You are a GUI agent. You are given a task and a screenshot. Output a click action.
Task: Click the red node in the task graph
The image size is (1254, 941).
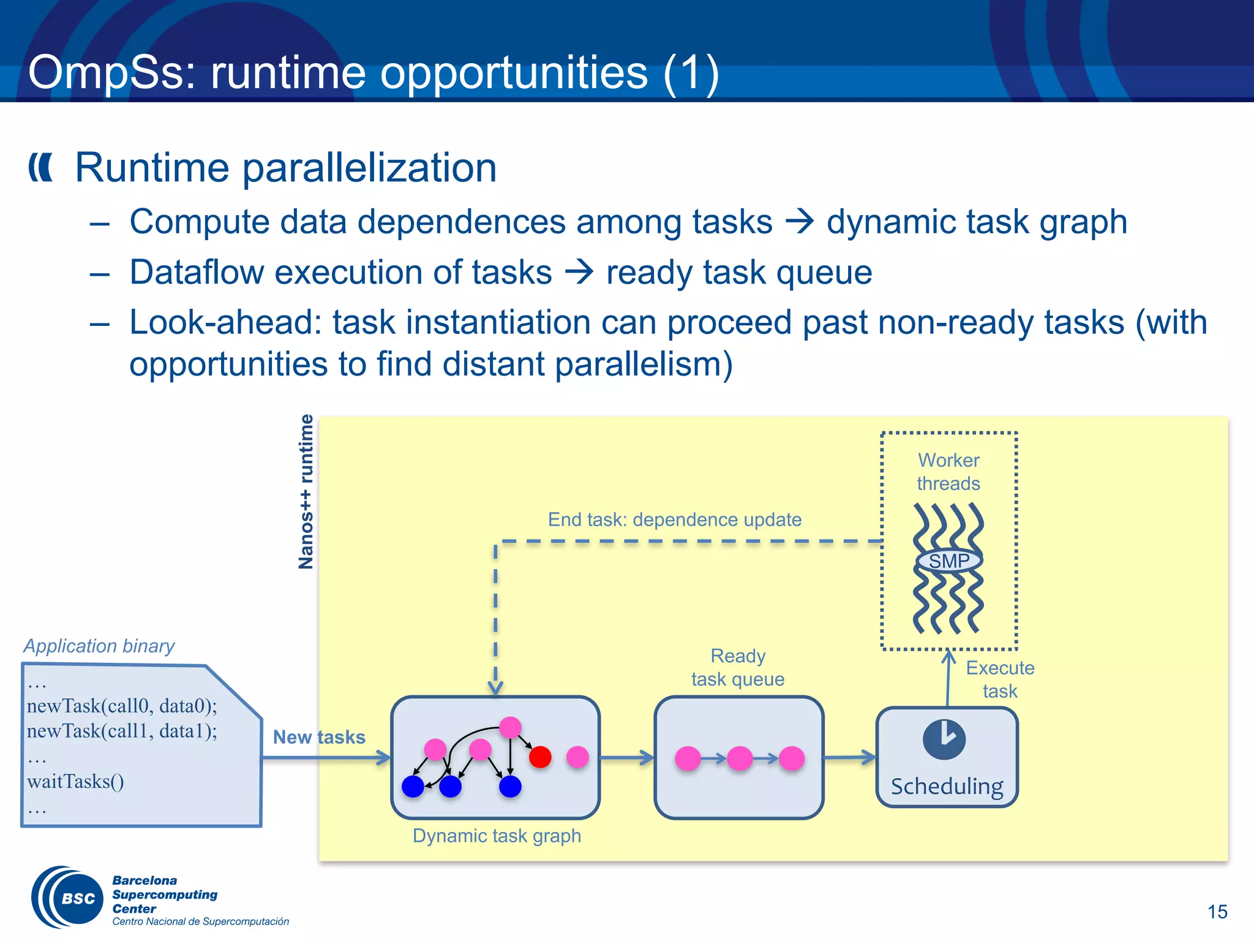pyautogui.click(x=540, y=757)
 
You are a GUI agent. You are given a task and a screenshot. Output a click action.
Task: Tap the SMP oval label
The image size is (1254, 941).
pyautogui.click(x=949, y=561)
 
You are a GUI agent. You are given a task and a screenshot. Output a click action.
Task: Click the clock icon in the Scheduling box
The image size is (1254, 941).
pyautogui.click(x=944, y=739)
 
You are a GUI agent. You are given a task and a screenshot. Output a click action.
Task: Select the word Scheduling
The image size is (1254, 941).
pyautogui.click(x=947, y=786)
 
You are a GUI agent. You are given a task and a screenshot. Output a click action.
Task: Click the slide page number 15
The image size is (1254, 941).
pyautogui.click(x=1217, y=912)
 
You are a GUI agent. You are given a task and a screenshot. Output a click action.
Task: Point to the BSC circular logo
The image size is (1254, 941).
pyautogui.click(x=67, y=898)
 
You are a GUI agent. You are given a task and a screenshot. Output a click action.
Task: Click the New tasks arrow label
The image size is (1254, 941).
pyautogui.click(x=319, y=737)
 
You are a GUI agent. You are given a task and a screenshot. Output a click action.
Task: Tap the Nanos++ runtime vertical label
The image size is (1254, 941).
pyautogui.click(x=306, y=491)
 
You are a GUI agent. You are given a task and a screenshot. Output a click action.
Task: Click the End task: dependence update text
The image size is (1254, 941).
pyautogui.click(x=674, y=520)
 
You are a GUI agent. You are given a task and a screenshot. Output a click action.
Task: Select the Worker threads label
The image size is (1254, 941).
pyautogui.click(x=948, y=472)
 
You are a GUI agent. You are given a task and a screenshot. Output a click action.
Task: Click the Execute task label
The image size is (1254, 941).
pyautogui.click(x=1000, y=679)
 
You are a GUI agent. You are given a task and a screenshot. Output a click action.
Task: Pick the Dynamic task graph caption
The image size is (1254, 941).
pyautogui.click(x=497, y=836)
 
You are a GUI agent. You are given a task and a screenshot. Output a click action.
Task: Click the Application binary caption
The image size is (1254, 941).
pyautogui.click(x=99, y=646)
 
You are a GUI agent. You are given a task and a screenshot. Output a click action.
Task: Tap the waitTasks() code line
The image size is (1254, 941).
pyautogui.click(x=75, y=782)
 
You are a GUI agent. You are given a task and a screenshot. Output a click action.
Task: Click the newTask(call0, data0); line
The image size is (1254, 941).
pyautogui.click(x=122, y=706)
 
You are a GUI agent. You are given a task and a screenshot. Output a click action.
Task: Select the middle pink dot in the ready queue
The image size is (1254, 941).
pyautogui.click(x=740, y=758)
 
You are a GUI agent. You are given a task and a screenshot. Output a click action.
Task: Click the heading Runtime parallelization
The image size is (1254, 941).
pyautogui.click(x=285, y=167)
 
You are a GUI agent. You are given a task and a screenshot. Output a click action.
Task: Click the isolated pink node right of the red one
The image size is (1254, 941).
pyautogui.click(x=577, y=757)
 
